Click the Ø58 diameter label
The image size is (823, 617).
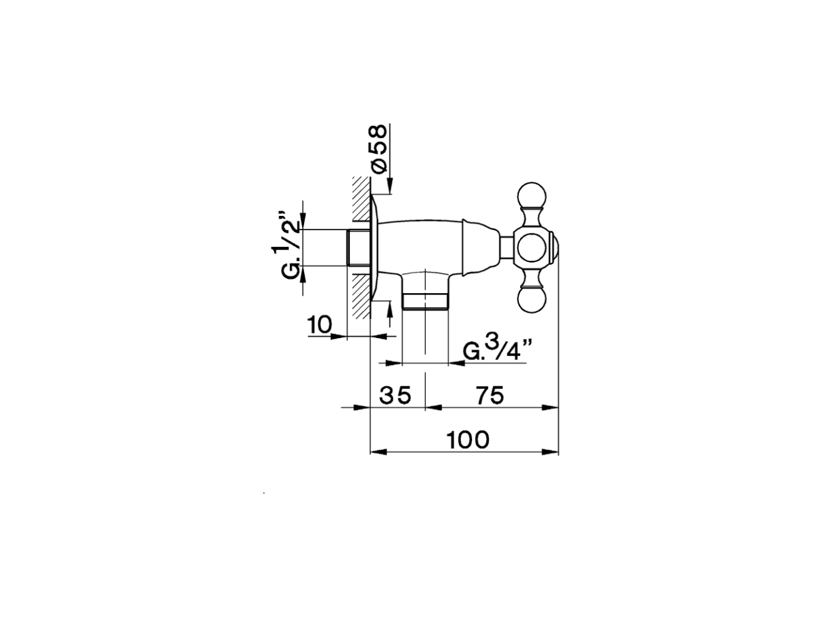point(379,148)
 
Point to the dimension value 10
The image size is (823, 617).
point(319,326)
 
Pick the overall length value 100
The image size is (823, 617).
point(469,440)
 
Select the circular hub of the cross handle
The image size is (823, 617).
point(533,247)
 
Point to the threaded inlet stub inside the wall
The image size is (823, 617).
point(358,247)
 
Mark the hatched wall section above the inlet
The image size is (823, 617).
point(361,202)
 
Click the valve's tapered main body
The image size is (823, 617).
point(424,244)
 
